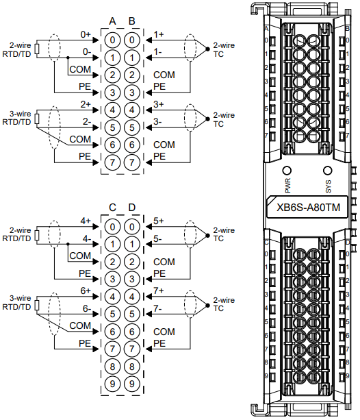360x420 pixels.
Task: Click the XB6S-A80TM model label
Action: point(308,208)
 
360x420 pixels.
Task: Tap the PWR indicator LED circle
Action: point(287,171)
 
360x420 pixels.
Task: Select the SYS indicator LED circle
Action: point(328,171)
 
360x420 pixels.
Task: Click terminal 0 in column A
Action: point(112,40)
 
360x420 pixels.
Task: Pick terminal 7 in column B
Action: point(132,162)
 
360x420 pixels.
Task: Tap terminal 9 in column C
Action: point(112,384)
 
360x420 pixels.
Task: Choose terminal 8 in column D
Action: point(132,367)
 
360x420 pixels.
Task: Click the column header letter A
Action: point(112,21)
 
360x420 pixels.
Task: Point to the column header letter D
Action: point(132,208)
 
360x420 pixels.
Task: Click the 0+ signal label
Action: point(86,34)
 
